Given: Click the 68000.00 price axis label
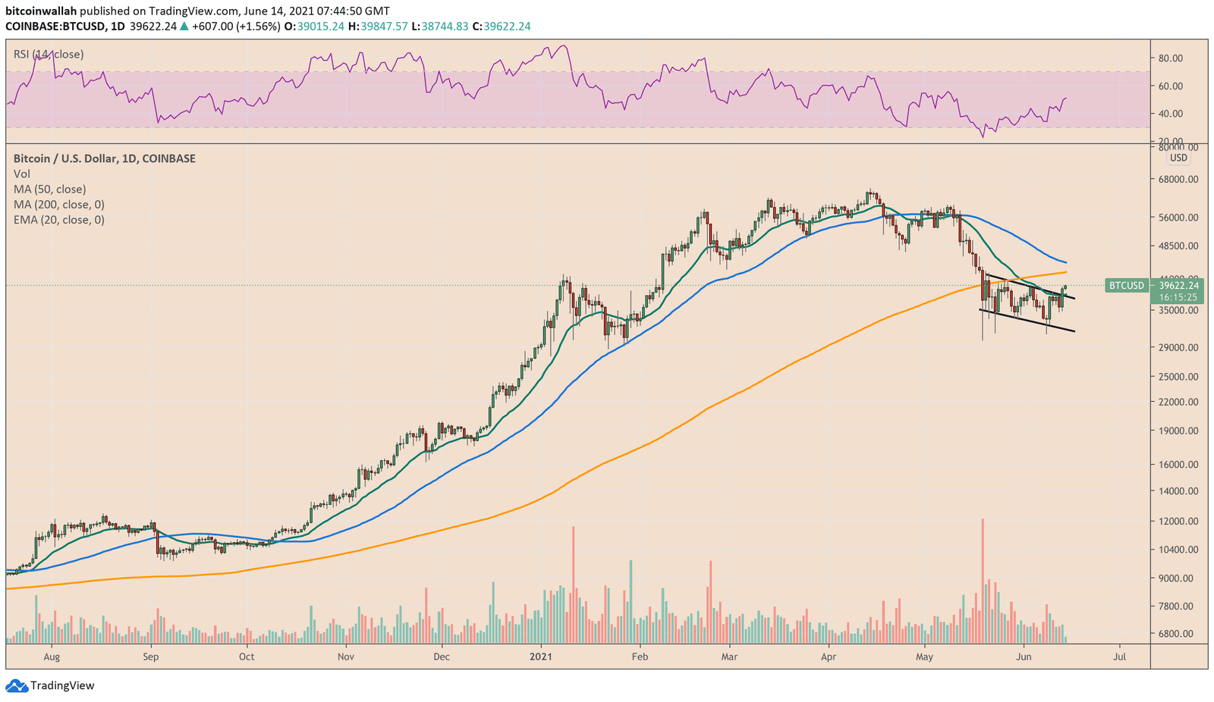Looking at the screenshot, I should (1178, 180).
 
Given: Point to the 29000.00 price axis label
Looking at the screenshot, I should (1178, 347).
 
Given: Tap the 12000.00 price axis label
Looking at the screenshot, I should (1178, 522).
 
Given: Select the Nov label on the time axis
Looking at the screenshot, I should (345, 657).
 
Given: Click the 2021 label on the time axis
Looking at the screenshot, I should (540, 657).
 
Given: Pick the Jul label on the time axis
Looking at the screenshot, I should (1119, 657).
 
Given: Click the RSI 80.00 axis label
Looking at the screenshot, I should (1171, 58).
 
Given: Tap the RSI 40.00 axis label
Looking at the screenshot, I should (1171, 114).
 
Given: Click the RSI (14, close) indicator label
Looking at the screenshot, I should (49, 55).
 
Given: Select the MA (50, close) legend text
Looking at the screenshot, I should (50, 190).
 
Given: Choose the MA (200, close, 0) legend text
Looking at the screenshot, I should (59, 205).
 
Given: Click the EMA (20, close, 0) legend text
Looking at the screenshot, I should (59, 220).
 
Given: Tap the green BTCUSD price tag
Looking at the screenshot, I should (1127, 286).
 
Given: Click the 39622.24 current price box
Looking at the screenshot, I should (1178, 286).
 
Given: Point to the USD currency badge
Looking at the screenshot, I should (1178, 158).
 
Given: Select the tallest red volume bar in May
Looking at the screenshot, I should (983, 580).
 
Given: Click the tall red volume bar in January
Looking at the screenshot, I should (574, 584).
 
